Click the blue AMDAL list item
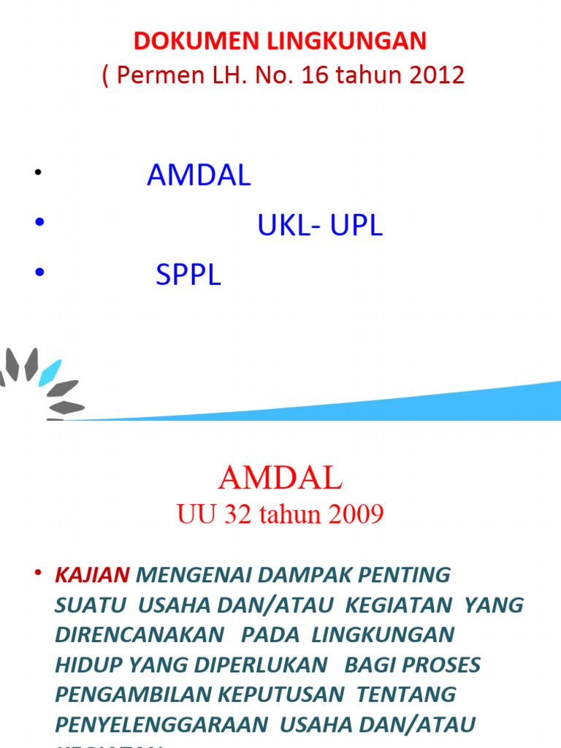click(199, 175)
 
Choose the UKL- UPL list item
click(320, 226)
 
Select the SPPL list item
click(188, 275)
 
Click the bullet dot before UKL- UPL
click(39, 224)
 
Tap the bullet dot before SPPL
click(39, 273)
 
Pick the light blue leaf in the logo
click(50, 370)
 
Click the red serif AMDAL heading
click(280, 478)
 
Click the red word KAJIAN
click(93, 575)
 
